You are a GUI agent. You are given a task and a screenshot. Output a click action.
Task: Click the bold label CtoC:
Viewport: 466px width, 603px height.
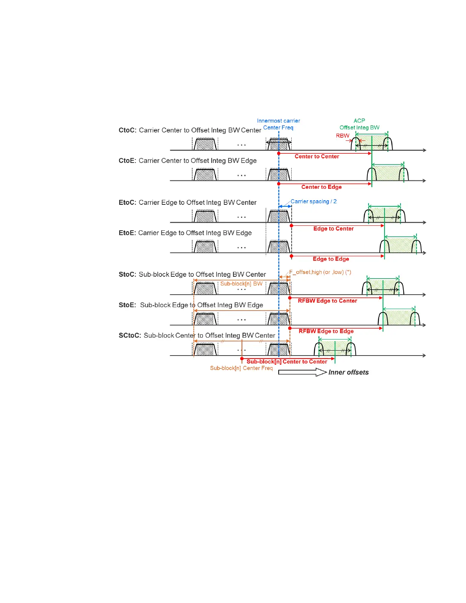pyautogui.click(x=127, y=130)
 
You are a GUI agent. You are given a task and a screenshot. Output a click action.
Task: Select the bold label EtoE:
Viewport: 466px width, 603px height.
pyautogui.click(x=127, y=233)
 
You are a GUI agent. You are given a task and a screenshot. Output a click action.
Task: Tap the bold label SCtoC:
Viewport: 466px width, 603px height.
pyautogui.click(x=130, y=335)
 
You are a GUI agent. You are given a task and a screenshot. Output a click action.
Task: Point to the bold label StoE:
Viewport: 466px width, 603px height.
pyautogui.click(x=127, y=305)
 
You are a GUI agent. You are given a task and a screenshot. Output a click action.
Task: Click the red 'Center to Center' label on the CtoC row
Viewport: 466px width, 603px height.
pyautogui.click(x=317, y=156)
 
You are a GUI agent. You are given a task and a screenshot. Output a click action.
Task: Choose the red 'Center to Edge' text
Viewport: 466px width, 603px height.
pyautogui.click(x=321, y=187)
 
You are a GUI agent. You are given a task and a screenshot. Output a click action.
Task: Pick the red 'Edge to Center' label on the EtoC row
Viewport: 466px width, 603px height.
pyautogui.click(x=334, y=229)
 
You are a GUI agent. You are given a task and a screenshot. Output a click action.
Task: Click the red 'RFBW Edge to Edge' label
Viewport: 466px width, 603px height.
pyautogui.click(x=326, y=331)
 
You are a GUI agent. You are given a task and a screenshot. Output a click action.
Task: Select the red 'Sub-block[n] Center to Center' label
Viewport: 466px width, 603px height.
pyautogui.click(x=287, y=362)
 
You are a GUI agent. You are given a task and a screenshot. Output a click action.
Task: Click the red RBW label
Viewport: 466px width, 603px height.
pyautogui.click(x=343, y=136)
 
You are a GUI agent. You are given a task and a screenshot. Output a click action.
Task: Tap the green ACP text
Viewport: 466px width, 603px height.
pyautogui.click(x=359, y=121)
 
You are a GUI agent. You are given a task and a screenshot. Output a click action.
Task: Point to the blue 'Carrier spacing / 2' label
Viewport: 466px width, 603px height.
pyautogui.click(x=313, y=201)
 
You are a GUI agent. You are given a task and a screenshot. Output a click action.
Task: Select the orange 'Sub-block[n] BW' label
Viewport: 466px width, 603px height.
pyautogui.click(x=241, y=284)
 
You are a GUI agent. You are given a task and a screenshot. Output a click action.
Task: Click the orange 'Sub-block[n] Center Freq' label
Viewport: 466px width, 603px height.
pyautogui.click(x=241, y=368)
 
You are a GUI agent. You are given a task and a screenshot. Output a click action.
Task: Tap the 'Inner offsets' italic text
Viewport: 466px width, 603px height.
pyautogui.click(x=348, y=372)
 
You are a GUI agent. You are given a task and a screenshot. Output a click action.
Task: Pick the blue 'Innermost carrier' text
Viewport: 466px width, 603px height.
pyautogui.click(x=278, y=121)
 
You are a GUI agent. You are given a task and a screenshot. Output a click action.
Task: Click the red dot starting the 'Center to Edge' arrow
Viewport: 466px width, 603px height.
pyautogui.click(x=279, y=184)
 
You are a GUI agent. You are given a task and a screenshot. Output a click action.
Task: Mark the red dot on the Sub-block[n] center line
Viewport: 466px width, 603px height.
pyautogui.click(x=242, y=359)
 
